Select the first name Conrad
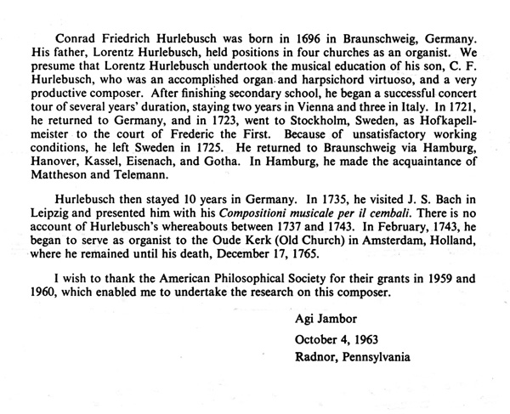click(x=74, y=40)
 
